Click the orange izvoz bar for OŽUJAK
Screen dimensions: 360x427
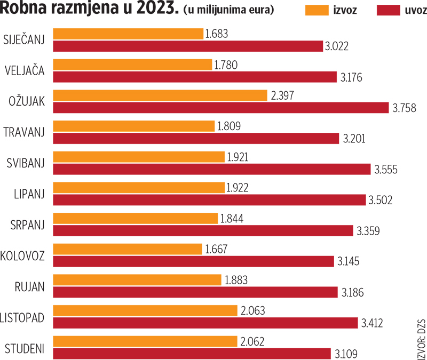(160, 95)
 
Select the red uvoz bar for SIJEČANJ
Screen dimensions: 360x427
(188, 46)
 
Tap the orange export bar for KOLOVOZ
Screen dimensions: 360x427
(128, 249)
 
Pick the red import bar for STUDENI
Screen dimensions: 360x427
(192, 353)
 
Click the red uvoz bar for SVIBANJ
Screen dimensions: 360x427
(212, 169)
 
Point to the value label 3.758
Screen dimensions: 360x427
(404, 108)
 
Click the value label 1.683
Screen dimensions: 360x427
(217, 34)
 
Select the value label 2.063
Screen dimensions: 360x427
(254, 310)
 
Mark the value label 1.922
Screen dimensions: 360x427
(238, 187)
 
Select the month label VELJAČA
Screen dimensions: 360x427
(25, 69)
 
